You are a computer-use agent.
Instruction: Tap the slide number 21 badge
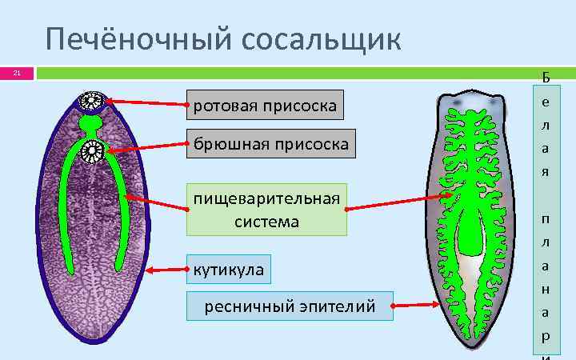coord(16,74)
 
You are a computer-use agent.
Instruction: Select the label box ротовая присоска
coord(265,104)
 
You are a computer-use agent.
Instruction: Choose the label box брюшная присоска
coord(270,145)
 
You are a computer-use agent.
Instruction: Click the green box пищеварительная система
coord(266,209)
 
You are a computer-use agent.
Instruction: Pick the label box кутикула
coord(228,270)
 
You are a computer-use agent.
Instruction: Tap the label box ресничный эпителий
coord(290,306)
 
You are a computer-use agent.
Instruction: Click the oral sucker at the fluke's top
coord(90,101)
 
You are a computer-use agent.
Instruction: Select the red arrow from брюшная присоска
coord(149,146)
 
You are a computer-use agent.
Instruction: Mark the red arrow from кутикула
coord(166,270)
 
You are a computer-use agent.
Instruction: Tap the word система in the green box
coord(266,222)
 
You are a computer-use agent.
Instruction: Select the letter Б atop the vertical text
coord(546,78)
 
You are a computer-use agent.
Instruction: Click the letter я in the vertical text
coord(546,172)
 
